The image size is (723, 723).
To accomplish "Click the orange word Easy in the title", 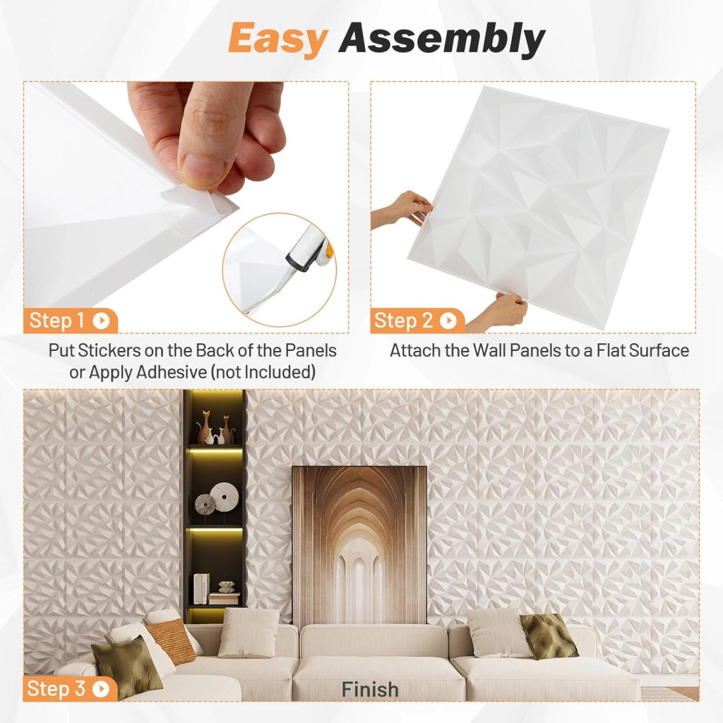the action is pyautogui.click(x=278, y=38).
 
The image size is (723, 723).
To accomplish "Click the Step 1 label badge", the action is pyautogui.click(x=71, y=321).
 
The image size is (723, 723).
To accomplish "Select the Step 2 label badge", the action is pyautogui.click(x=417, y=321).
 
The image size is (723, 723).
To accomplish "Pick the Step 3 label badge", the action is pyautogui.click(x=70, y=689).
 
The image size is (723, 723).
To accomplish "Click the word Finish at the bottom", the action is pyautogui.click(x=370, y=690).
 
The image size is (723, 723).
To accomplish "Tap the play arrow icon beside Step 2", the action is pyautogui.click(x=448, y=321).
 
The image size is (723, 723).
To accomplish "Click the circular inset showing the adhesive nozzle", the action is pyautogui.click(x=280, y=270).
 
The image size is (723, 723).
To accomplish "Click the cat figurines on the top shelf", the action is pyautogui.click(x=215, y=427).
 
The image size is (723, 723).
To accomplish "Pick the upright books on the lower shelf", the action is pyautogui.click(x=201, y=589).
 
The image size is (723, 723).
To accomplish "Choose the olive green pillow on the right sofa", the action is pyautogui.click(x=549, y=636).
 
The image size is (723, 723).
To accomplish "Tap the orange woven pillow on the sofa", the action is pyautogui.click(x=171, y=641).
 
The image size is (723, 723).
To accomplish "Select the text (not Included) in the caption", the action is pyautogui.click(x=263, y=372).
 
